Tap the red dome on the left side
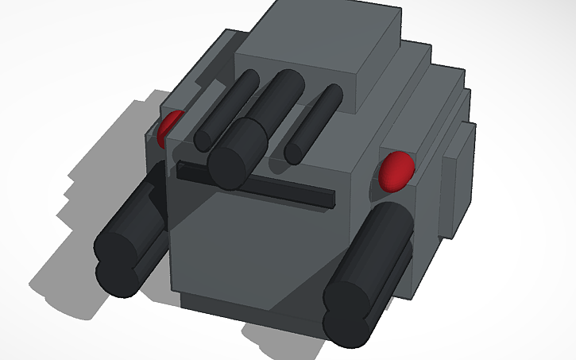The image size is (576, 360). pyautogui.click(x=169, y=130)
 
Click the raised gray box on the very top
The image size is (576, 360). pyautogui.click(x=318, y=48)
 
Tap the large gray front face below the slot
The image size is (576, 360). pyautogui.click(x=254, y=246)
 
